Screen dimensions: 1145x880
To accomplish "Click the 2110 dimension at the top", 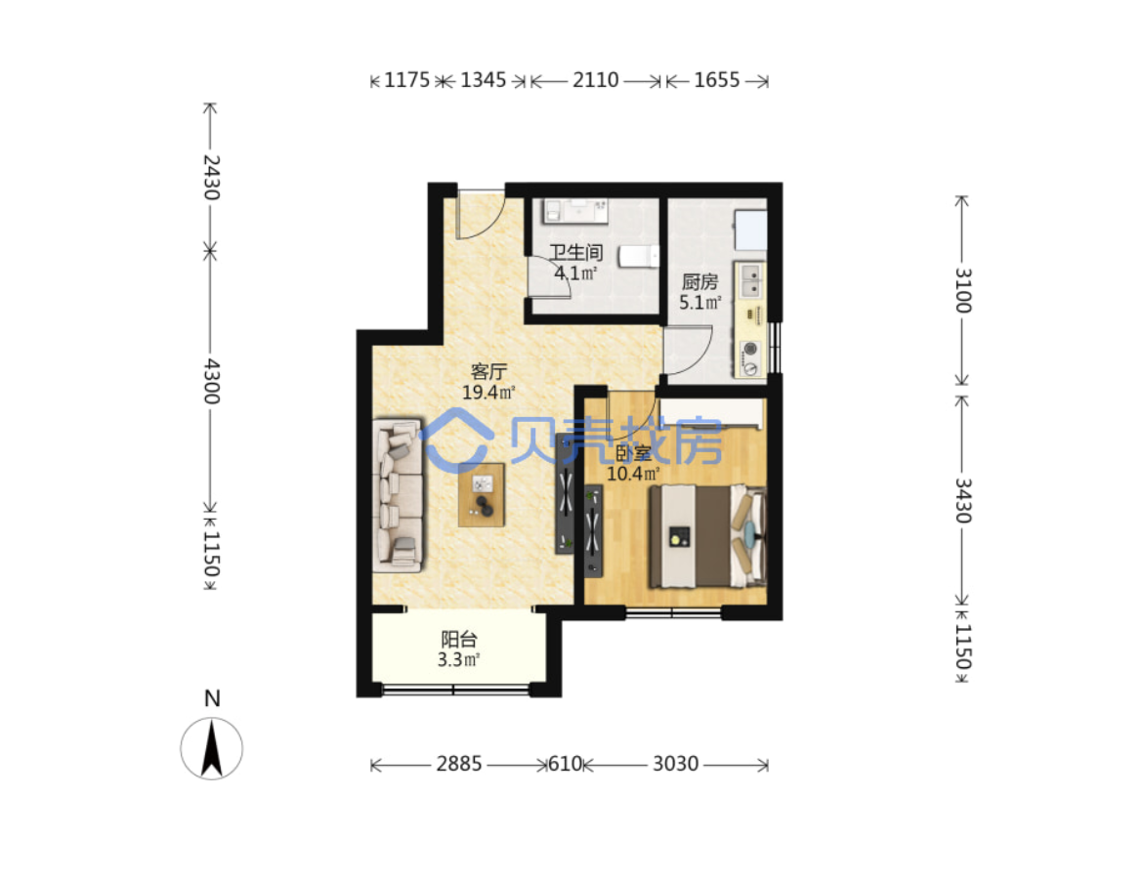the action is tap(595, 80).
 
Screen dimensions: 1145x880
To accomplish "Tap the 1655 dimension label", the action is tap(716, 80).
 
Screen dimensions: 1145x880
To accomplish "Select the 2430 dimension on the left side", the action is tap(211, 177).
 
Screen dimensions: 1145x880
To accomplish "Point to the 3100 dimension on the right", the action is tap(963, 291).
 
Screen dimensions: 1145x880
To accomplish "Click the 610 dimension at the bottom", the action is tap(565, 764).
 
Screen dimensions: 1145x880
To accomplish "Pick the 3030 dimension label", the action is tap(675, 764).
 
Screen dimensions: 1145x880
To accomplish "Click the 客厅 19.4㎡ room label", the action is tap(488, 382).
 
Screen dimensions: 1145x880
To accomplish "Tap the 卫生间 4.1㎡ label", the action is tap(576, 263).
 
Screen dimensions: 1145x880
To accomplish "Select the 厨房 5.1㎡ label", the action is tap(700, 292).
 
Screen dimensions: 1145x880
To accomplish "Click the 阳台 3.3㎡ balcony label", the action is tap(458, 650).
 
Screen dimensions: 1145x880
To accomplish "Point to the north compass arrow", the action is tap(212, 747).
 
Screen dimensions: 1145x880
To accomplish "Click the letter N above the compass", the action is tap(212, 699).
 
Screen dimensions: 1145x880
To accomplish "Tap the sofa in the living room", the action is tap(398, 495).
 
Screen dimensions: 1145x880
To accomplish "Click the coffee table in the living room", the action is tap(482, 494).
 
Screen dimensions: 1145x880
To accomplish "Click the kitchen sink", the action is tap(750, 281).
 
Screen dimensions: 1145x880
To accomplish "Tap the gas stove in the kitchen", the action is tap(750, 358).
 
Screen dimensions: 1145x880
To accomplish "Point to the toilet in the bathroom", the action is tap(638, 256).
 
